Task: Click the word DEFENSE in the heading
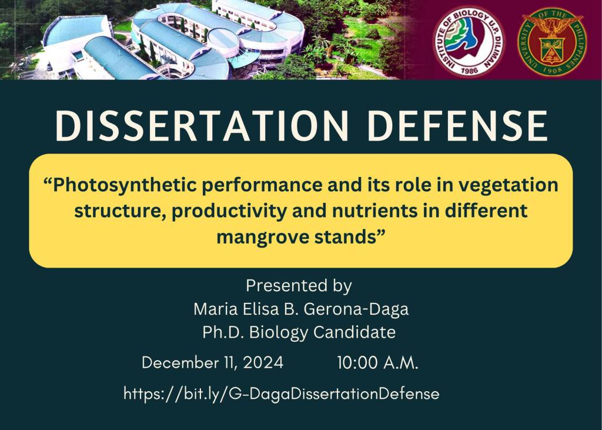pos(457,126)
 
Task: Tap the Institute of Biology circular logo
pos(469,41)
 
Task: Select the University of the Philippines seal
pos(551,41)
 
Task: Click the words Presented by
pos(299,286)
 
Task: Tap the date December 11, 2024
pos(213,363)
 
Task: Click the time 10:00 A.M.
pos(378,363)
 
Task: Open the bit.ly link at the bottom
pos(282,394)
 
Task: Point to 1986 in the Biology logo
pos(469,71)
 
